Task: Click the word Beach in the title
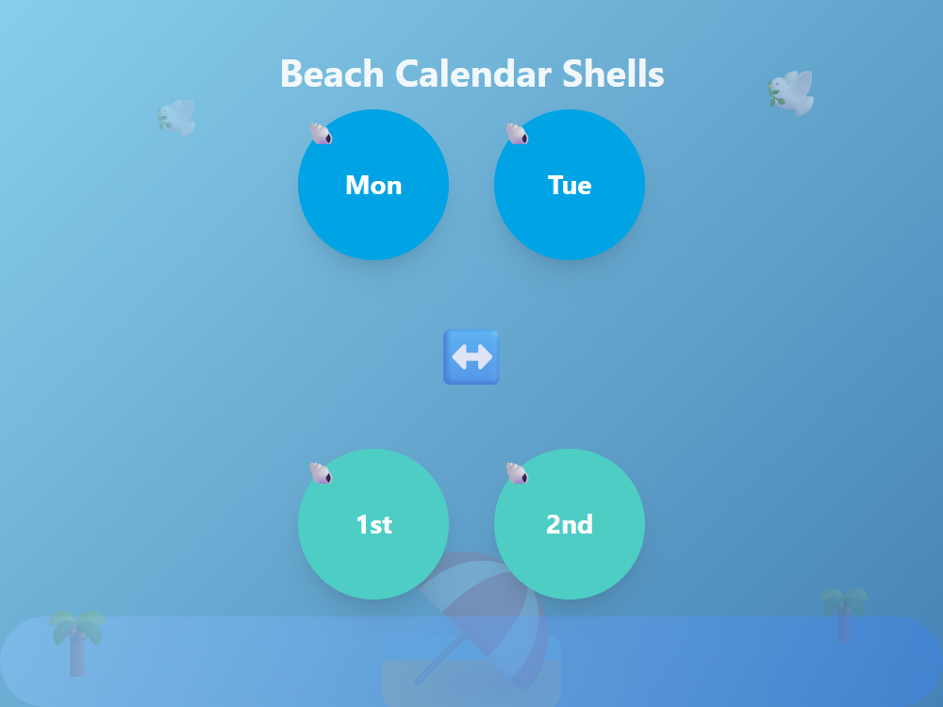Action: pos(332,74)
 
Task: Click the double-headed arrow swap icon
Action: pos(471,357)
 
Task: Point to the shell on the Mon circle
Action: pos(321,134)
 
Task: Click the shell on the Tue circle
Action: pos(517,134)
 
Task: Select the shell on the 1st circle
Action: pos(321,473)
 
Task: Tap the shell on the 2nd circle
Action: pos(517,473)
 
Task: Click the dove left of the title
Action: pos(177,117)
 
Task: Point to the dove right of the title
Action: pos(791,92)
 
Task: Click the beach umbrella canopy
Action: pos(490,603)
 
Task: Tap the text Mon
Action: pos(373,185)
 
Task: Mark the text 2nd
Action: pos(570,524)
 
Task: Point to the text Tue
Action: pos(570,185)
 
